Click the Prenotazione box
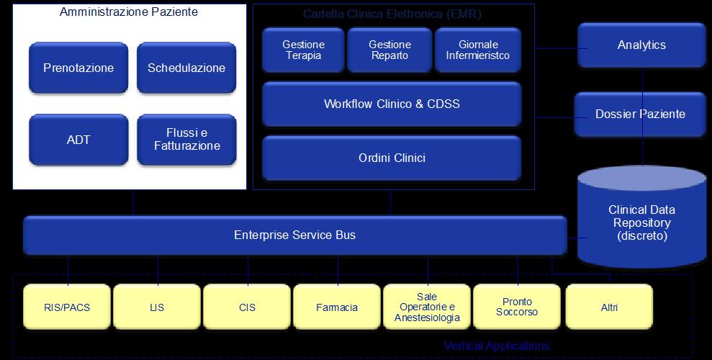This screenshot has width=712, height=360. coord(78,68)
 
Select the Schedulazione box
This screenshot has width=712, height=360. coord(186,68)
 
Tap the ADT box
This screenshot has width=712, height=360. coord(78,140)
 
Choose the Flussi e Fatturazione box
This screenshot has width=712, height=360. coord(186,140)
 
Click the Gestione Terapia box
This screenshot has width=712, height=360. coord(303,50)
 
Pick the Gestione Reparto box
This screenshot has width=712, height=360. coord(389,50)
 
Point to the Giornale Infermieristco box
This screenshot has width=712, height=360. coord(477,50)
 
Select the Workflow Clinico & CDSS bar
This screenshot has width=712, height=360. coord(392,104)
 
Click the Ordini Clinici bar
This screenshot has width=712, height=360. coord(392,158)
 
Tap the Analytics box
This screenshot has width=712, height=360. coord(641,45)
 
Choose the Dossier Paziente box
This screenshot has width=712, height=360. coord(640,114)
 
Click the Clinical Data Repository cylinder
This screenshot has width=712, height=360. coord(641,222)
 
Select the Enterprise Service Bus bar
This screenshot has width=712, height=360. coord(294,235)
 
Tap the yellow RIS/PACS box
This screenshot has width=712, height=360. coord(67,307)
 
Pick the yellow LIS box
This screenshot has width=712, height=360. coord(157,307)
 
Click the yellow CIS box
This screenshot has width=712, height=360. coord(247,307)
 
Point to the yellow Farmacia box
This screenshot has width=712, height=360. coord(337,307)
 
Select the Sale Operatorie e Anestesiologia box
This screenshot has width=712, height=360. coord(427,307)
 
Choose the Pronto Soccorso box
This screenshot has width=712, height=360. coord(517,307)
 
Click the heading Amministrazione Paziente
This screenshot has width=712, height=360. coord(129,12)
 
